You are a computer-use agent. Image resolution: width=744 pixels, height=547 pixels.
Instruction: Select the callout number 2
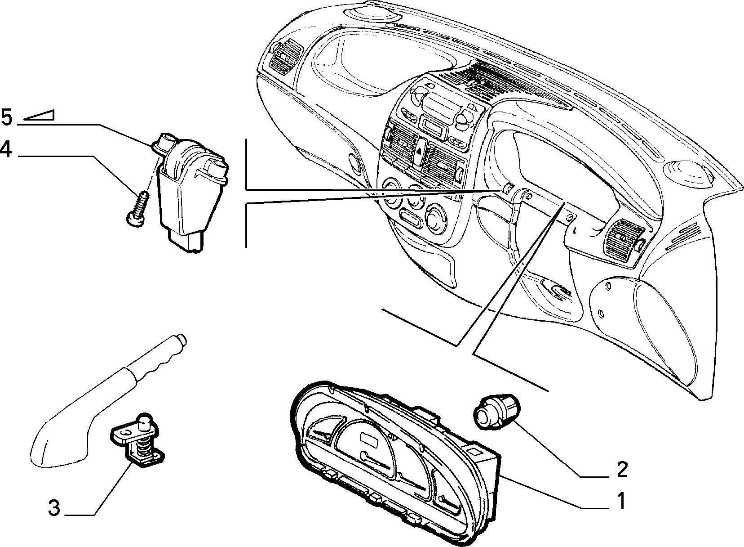621,470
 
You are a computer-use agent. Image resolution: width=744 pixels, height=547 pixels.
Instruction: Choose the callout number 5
6,117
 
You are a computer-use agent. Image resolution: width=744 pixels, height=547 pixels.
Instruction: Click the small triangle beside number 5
39,115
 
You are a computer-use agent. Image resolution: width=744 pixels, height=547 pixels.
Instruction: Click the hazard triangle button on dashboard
420,151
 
